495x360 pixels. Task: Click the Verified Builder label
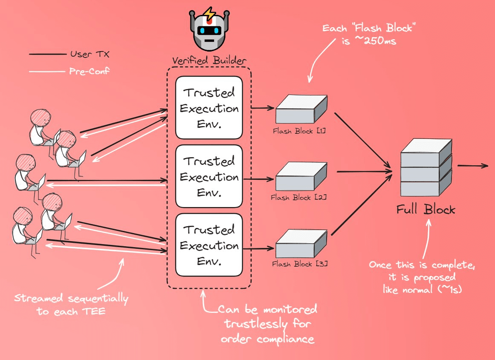point(208,60)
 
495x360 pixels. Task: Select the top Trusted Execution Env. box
point(209,108)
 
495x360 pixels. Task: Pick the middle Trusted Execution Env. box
point(209,176)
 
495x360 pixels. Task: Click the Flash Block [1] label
point(300,131)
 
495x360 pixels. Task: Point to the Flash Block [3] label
point(300,264)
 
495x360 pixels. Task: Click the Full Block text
point(426,210)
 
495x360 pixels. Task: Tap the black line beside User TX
point(46,55)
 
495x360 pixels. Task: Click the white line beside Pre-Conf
point(46,71)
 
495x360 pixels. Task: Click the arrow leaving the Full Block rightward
point(473,166)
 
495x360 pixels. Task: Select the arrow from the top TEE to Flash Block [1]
point(263,108)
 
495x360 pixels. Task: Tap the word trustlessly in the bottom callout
point(268,324)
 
